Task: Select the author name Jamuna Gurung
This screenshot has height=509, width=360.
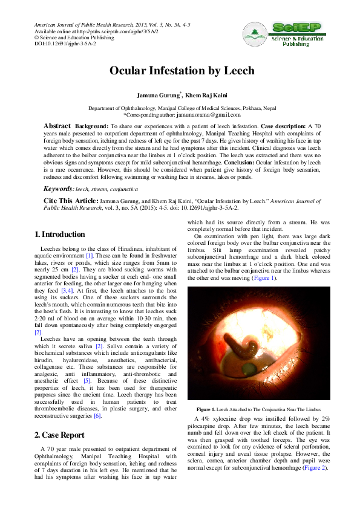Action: click(x=159, y=96)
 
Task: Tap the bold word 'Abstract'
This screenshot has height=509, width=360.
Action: click(x=57, y=126)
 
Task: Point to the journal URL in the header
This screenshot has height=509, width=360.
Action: click(x=120, y=31)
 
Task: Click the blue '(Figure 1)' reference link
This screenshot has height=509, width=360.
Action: click(x=264, y=277)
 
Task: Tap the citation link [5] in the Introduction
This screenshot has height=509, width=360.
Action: click(x=87, y=381)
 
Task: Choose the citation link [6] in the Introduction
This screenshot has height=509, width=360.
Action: click(x=97, y=415)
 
